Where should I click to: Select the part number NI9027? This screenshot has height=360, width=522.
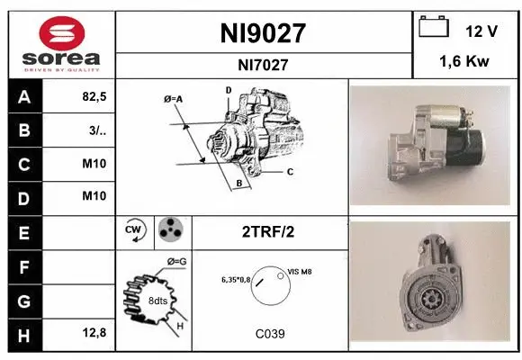click(264, 34)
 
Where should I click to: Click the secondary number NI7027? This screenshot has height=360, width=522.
click(264, 65)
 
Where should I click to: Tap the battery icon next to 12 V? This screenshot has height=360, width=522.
click(434, 29)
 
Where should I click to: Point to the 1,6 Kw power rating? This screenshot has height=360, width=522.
click(466, 63)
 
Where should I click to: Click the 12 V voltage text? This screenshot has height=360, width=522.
click(481, 31)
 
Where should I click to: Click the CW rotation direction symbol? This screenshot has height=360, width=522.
click(135, 231)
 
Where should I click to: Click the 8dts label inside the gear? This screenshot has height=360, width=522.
click(157, 300)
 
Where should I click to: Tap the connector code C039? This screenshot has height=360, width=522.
click(269, 333)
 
